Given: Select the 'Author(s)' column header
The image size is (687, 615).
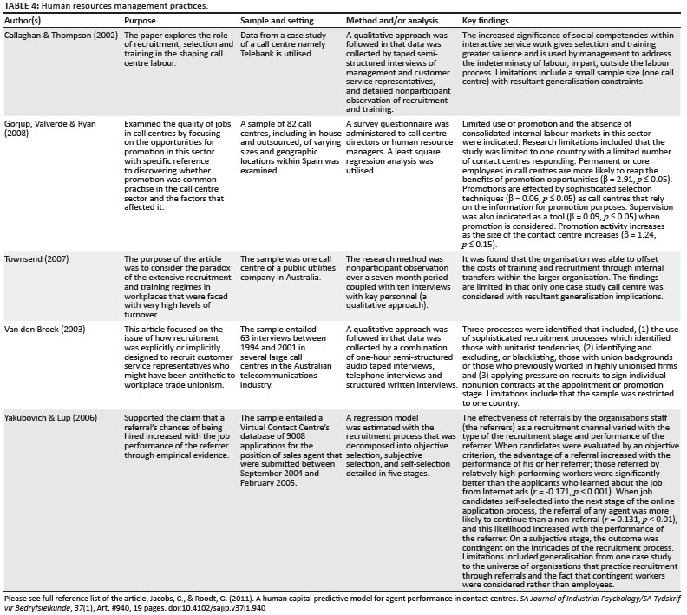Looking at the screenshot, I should pyautogui.click(x=27, y=18).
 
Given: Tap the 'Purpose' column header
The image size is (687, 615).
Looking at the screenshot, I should pyautogui.click(x=142, y=18).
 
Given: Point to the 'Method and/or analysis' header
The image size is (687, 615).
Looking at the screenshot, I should pyautogui.click(x=386, y=18).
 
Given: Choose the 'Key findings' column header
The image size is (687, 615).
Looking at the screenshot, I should pyautogui.click(x=487, y=18).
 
